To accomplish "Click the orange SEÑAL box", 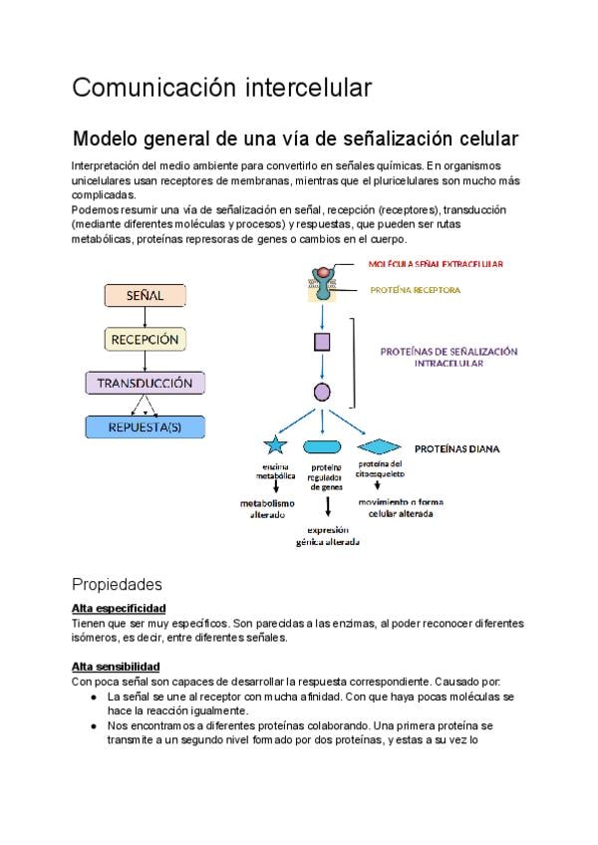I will click(145, 296).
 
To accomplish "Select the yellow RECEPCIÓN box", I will click(145, 339).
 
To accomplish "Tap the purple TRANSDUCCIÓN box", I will click(146, 383).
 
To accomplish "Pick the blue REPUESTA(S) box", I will click(146, 427).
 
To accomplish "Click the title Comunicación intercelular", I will click(221, 88).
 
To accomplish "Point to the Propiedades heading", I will click(117, 583).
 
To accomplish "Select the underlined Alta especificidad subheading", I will click(119, 608).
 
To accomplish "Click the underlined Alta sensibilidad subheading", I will click(117, 666).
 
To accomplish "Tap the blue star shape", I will click(275, 446).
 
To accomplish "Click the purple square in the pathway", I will click(322, 343).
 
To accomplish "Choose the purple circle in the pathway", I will click(322, 392).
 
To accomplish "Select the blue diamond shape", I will click(379, 446).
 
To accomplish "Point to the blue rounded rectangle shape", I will click(322, 446).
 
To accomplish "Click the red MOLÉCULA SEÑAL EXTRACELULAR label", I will click(436, 264).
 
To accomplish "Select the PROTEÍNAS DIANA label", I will click(456, 448).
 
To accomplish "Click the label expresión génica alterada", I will click(327, 536).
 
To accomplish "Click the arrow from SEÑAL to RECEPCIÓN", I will click(146, 317).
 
